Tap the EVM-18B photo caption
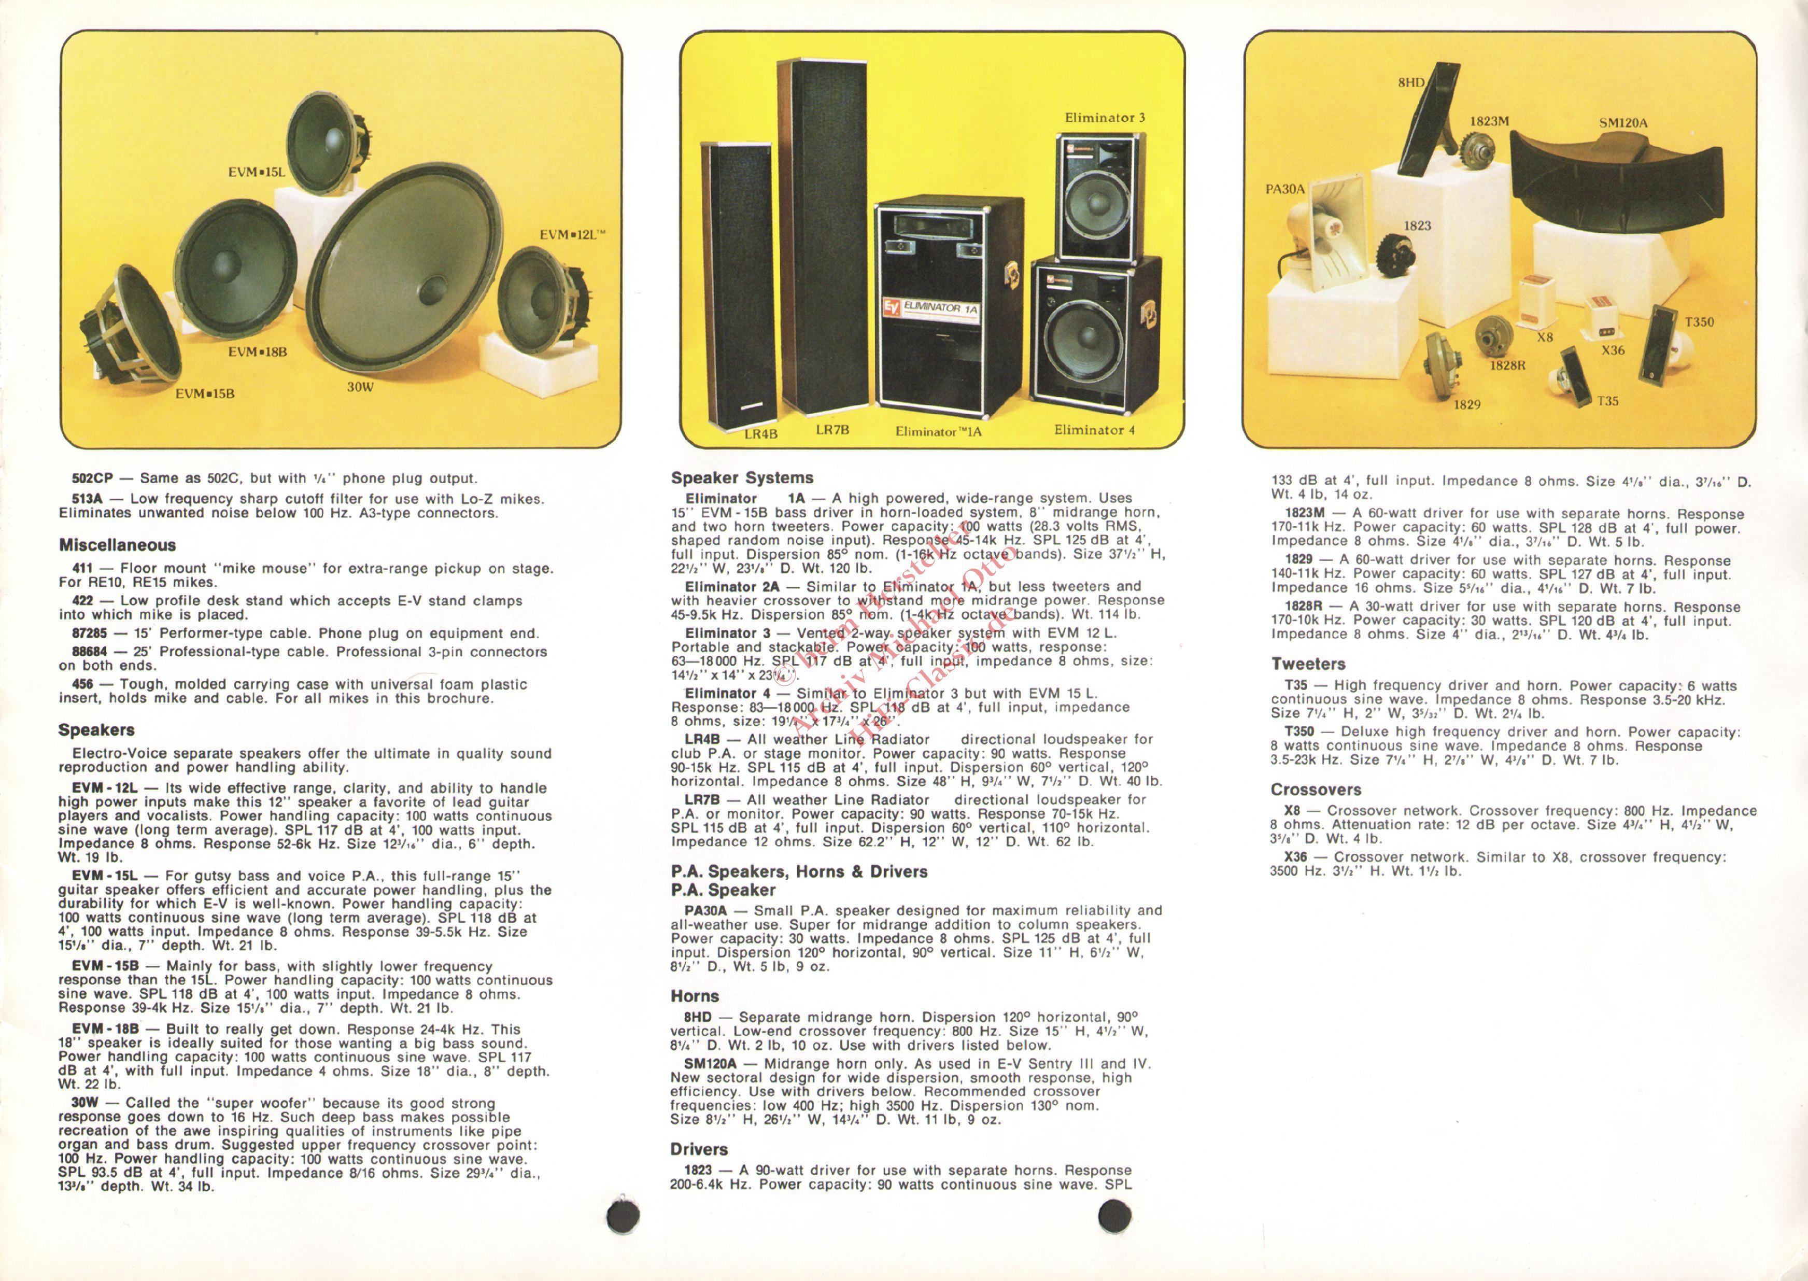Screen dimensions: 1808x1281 click(257, 352)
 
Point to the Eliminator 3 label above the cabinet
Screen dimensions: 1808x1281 click(1105, 118)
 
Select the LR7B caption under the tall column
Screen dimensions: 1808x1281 click(832, 430)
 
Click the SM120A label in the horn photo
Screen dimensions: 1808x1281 click(1623, 123)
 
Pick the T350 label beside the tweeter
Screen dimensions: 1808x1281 click(1699, 322)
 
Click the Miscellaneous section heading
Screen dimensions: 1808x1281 click(118, 545)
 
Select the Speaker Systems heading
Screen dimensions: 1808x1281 click(742, 478)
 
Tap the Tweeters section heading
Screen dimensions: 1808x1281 click(1308, 664)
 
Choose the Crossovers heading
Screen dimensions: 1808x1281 click(1315, 790)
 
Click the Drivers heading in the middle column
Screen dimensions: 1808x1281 click(699, 1149)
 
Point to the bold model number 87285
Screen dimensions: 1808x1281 click(89, 634)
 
